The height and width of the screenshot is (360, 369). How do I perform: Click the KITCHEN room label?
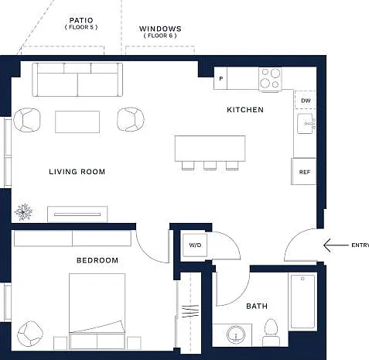tap(245, 110)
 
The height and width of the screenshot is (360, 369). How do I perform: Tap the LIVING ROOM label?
tap(77, 172)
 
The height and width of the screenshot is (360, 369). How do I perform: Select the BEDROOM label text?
tap(97, 260)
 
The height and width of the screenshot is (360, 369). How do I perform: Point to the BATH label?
tap(257, 306)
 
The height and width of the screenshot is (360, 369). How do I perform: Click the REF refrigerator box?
tap(304, 171)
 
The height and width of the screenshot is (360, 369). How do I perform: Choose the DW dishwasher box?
tap(306, 100)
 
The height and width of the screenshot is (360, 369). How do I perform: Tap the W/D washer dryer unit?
tap(195, 245)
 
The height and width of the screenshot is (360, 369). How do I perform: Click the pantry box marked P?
tap(220, 78)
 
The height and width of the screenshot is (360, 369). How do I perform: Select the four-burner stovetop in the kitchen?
tap(270, 79)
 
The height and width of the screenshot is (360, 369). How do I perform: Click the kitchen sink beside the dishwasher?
tap(306, 124)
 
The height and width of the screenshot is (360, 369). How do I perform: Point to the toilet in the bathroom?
tap(271, 332)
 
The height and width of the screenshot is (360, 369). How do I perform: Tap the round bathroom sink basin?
tap(236, 335)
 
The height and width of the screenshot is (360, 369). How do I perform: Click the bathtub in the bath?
tap(302, 302)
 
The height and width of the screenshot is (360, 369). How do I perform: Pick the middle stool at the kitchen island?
tap(210, 166)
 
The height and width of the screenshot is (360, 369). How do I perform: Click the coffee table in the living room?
tap(77, 122)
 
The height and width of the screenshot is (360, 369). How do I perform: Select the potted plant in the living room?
tap(23, 212)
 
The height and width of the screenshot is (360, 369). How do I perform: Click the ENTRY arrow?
tap(336, 245)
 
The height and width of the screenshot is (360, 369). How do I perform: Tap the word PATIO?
tap(81, 20)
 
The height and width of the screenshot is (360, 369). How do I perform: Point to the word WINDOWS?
tap(160, 29)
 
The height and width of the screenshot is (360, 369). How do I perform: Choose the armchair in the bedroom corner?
tap(30, 334)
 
